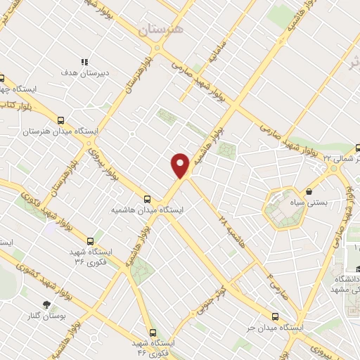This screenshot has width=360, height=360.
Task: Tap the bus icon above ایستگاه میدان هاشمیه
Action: (x=148, y=199)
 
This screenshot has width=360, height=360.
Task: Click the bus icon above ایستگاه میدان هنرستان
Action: (x=61, y=120)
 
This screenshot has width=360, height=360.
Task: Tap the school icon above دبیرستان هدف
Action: (x=84, y=62)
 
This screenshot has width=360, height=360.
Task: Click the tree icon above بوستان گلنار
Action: (x=47, y=304)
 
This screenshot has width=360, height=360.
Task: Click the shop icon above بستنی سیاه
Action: (x=309, y=191)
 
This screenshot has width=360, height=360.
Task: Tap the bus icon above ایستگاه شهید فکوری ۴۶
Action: (x=153, y=333)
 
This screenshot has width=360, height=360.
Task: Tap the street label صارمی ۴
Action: (x=278, y=286)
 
